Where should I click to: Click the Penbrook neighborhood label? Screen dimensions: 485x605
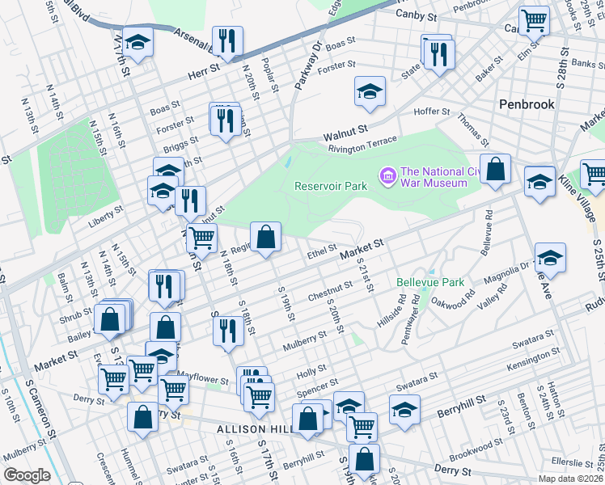(x=526, y=104)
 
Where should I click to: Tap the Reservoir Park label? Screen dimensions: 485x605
(x=331, y=186)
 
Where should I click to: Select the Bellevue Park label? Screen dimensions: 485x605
(x=431, y=282)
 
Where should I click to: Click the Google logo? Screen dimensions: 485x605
(x=27, y=475)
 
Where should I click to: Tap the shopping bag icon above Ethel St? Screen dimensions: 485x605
(x=265, y=238)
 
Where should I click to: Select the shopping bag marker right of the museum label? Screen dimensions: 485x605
(x=495, y=169)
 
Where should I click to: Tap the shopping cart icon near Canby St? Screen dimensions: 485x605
(x=534, y=21)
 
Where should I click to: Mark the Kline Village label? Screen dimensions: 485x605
(x=579, y=200)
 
